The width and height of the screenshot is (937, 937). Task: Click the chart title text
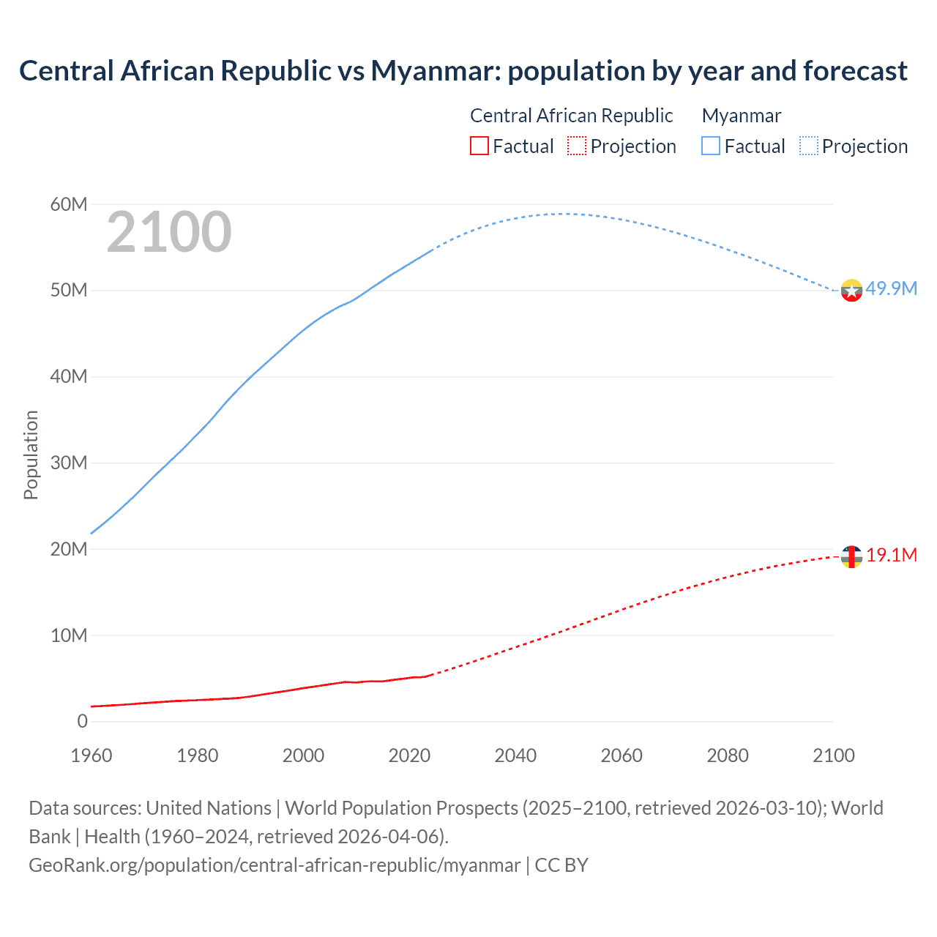[x=463, y=71]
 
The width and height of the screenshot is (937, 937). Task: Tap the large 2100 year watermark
[x=169, y=232]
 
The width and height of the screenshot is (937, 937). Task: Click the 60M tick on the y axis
[x=69, y=204]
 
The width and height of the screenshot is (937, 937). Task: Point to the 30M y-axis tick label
[x=69, y=463]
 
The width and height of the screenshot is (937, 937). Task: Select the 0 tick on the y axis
[x=82, y=722]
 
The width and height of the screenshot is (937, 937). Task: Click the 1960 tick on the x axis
[x=92, y=755]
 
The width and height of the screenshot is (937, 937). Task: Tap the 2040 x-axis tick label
[x=515, y=755]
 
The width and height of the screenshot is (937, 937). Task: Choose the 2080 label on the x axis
[x=728, y=755]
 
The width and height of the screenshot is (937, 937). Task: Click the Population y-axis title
[x=31, y=455]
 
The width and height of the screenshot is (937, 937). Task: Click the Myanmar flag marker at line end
[x=851, y=291]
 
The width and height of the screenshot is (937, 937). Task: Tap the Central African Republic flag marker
[x=851, y=557]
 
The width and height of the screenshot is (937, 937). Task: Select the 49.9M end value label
[x=891, y=288]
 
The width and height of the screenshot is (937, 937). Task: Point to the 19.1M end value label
[x=892, y=555]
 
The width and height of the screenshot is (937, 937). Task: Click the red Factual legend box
[x=479, y=146]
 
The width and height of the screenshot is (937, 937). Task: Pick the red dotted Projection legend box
[x=577, y=146]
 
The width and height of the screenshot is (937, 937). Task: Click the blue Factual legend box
[x=711, y=146]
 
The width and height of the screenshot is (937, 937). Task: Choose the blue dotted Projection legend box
[x=809, y=146]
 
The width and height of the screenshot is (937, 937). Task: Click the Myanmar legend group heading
[x=741, y=116]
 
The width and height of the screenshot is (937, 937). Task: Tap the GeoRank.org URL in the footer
[x=275, y=865]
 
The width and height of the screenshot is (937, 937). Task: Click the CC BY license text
[x=561, y=865]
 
